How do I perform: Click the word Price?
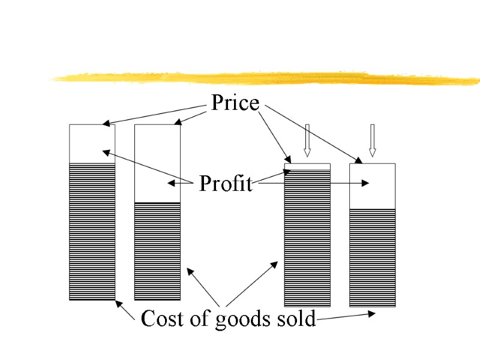(235, 103)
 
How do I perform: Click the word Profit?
(226, 184)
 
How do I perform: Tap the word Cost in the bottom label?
(160, 319)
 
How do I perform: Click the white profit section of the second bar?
(157, 163)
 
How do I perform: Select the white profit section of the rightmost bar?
(372, 186)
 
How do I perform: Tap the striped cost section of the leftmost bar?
(92, 231)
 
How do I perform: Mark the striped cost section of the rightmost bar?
(372, 258)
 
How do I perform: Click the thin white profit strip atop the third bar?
(307, 166)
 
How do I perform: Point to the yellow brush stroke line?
(264, 78)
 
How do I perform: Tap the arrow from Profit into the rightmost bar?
(312, 184)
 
